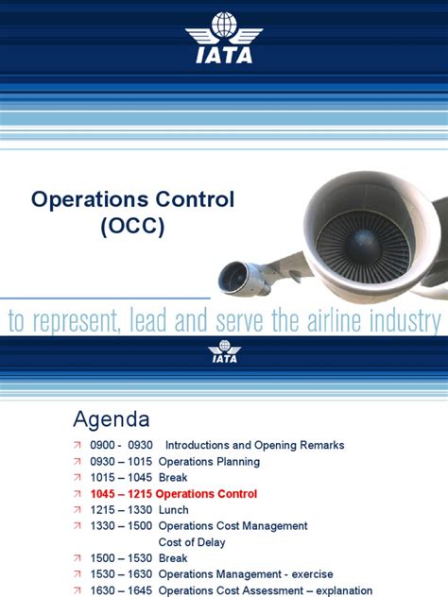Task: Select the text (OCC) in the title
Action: point(132,228)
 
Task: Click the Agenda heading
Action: point(111,418)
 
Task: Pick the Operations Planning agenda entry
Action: point(209,461)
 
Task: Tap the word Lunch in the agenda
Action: point(175,509)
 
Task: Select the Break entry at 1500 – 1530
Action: point(174,558)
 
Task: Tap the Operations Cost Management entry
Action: point(233,525)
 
